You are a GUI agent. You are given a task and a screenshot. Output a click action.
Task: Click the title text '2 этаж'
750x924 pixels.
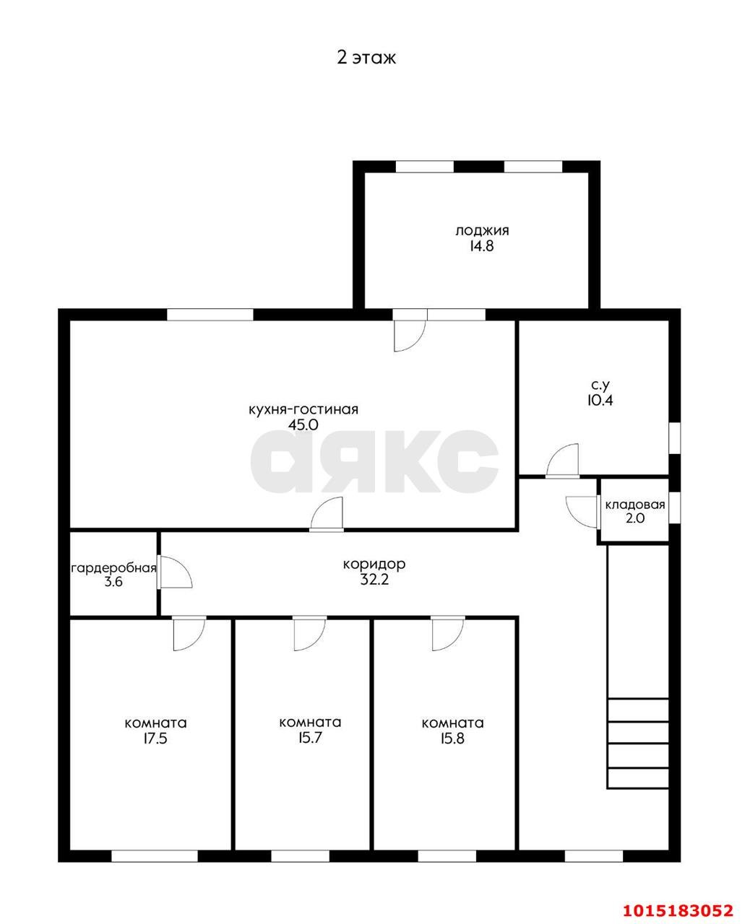click(x=366, y=58)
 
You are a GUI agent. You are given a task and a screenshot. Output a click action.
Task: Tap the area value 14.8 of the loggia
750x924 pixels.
click(x=481, y=246)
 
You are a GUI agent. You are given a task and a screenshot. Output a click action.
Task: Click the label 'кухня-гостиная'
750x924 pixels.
click(x=303, y=409)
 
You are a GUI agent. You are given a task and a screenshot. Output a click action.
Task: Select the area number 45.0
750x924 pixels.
click(x=303, y=424)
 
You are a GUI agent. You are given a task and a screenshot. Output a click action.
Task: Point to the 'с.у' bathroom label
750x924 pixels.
click(x=600, y=384)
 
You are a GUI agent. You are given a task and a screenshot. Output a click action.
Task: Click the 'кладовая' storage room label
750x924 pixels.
click(x=635, y=505)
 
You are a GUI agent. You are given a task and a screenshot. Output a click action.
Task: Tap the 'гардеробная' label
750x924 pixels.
click(x=113, y=568)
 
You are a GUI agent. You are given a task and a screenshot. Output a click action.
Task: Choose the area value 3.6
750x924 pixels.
click(x=113, y=582)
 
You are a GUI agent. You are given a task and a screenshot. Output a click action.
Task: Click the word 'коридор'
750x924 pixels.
click(x=374, y=564)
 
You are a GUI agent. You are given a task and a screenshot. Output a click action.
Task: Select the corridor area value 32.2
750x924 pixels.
click(x=374, y=580)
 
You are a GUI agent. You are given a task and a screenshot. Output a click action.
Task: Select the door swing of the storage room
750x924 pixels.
click(x=582, y=512)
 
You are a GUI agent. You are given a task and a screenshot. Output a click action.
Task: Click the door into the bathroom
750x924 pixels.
click(x=563, y=461)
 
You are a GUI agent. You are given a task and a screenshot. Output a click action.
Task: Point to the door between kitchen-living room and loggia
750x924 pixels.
click(x=410, y=330)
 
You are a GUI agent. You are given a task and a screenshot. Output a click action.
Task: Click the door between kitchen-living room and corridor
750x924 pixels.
click(x=327, y=514)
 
